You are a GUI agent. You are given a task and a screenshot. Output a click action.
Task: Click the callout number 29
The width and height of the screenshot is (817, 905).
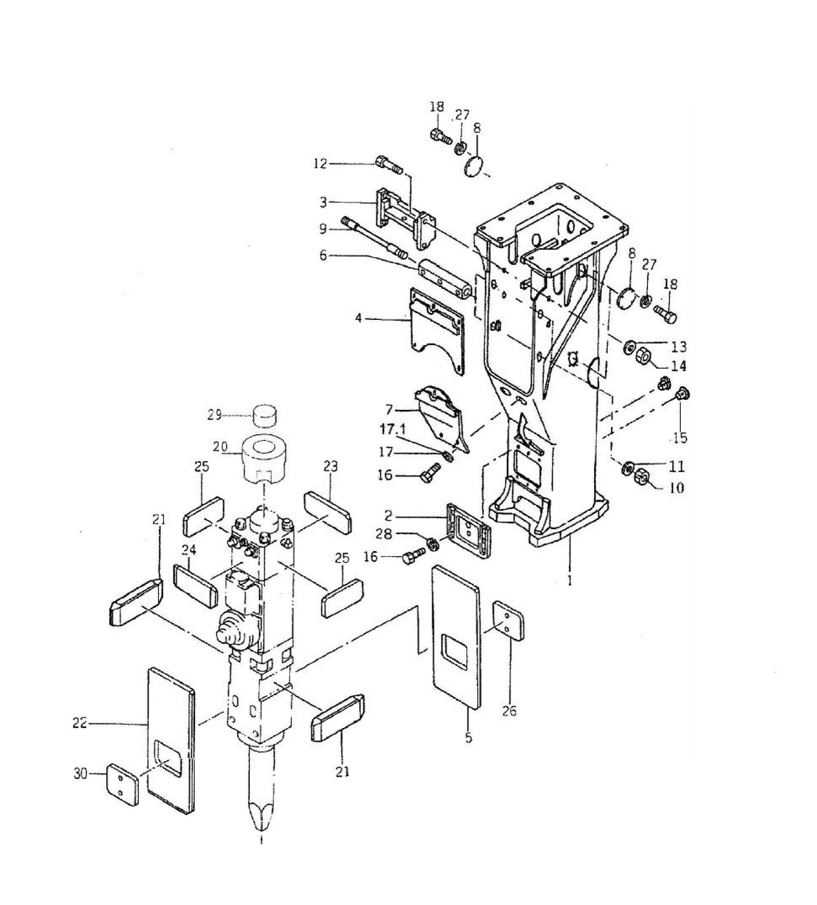[214, 415]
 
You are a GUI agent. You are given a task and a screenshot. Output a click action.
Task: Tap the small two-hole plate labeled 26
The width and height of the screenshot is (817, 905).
[509, 620]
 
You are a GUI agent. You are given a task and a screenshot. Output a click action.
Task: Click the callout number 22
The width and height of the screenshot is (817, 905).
[79, 722]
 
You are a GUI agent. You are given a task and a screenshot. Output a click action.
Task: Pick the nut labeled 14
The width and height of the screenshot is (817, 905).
[643, 357]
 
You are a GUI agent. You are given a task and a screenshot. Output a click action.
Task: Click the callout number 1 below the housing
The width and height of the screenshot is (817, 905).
[570, 580]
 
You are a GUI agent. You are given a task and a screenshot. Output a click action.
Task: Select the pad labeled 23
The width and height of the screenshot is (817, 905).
[328, 512]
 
